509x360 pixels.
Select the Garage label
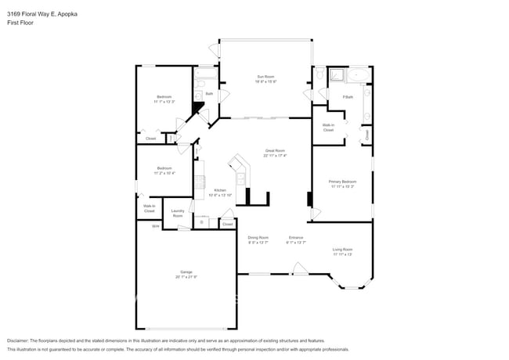point(186,272)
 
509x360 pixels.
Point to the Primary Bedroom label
point(341,182)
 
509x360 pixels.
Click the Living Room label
point(342,250)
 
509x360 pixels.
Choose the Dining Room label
point(258,238)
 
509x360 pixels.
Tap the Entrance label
point(296,238)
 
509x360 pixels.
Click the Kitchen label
point(220,190)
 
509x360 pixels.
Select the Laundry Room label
point(178,212)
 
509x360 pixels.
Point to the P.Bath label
point(348,96)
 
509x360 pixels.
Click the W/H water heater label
point(155,226)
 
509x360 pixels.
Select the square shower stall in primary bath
point(336,76)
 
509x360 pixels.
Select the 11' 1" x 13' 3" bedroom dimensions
point(164,102)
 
